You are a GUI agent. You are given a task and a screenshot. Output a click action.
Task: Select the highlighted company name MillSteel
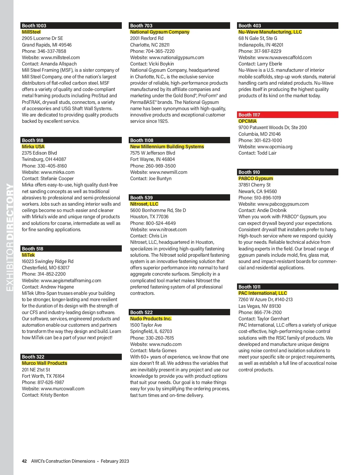pyautogui.click(x=31, y=32)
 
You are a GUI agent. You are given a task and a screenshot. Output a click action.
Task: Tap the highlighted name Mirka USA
pyautogui.click(x=33, y=147)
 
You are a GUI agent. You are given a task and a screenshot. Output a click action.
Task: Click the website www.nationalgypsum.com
pyautogui.click(x=176, y=57)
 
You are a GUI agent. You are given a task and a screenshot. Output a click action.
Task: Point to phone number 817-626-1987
pyautogui.click(x=51, y=382)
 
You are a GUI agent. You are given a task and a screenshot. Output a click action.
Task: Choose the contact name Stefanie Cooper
pyautogui.click(x=57, y=178)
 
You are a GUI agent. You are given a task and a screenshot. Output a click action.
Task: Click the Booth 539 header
pyautogui.click(x=180, y=198)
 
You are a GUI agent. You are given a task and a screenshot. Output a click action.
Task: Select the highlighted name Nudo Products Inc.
pyautogui.click(x=151, y=319)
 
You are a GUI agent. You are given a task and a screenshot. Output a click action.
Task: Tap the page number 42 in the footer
pyautogui.click(x=24, y=461)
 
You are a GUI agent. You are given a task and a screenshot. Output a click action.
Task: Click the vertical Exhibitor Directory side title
pyautogui.click(x=10, y=237)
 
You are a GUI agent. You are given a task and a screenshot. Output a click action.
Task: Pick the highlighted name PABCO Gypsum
pyautogui.click(x=256, y=178)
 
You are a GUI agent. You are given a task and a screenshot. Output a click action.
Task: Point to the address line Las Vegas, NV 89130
pyautogui.click(x=259, y=306)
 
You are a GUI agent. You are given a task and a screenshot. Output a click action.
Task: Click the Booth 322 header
pyautogui.click(x=71, y=357)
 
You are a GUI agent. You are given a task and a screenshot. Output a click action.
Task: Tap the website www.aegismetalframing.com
pyautogui.click(x=71, y=280)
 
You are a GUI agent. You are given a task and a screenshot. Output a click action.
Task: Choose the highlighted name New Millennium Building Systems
pyautogui.click(x=167, y=147)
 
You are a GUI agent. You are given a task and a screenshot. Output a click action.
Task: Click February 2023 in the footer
pyautogui.click(x=115, y=461)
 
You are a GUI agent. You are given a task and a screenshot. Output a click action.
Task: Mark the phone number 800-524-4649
pyautogui.click(x=160, y=223)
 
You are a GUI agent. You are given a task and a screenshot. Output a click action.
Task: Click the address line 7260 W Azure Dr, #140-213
pyautogui.click(x=265, y=299)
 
